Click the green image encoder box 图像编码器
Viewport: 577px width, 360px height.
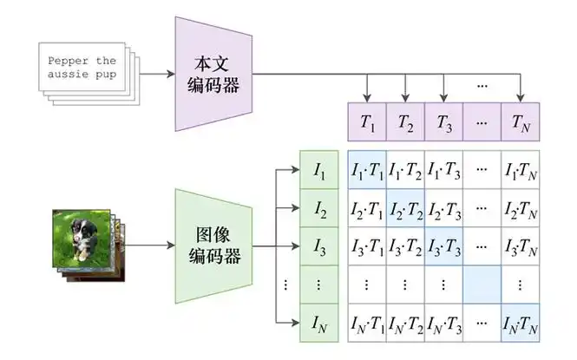click(213, 245)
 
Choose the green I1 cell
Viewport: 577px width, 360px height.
click(319, 169)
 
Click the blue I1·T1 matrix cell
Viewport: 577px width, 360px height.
click(366, 169)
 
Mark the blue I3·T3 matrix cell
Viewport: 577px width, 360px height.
click(444, 247)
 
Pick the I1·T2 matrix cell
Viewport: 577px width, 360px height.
click(405, 169)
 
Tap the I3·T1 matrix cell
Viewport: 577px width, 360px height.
click(366, 247)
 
